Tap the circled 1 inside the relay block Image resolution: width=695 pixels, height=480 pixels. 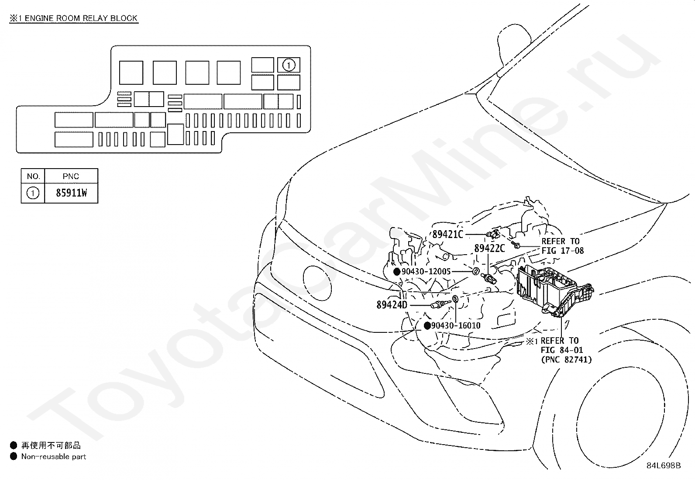[x=289, y=65]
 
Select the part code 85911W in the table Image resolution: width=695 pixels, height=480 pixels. [x=71, y=193]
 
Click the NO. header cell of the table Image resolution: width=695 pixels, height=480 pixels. [x=33, y=176]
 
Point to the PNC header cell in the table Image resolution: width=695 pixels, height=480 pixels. [x=71, y=176]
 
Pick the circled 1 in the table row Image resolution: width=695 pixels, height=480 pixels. [x=33, y=193]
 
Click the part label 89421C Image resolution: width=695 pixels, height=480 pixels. [x=447, y=235]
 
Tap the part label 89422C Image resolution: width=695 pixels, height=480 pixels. [x=489, y=249]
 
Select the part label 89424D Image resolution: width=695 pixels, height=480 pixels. [x=392, y=305]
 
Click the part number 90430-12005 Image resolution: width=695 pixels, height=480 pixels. [x=426, y=272]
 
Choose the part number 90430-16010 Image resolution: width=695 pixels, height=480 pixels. [x=455, y=326]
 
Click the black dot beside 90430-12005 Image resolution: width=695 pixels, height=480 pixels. [x=397, y=272]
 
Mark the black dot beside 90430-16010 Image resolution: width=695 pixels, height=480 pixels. [x=427, y=326]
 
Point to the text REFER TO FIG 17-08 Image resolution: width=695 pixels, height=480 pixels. [x=562, y=246]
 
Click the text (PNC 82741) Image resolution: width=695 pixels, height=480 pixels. [x=566, y=359]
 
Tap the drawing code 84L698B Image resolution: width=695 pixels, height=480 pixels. [x=664, y=466]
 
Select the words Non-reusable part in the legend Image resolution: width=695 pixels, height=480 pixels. [x=54, y=457]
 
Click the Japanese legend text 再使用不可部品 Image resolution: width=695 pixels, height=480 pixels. [x=51, y=445]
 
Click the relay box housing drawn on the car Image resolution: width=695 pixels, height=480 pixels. [x=550, y=288]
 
